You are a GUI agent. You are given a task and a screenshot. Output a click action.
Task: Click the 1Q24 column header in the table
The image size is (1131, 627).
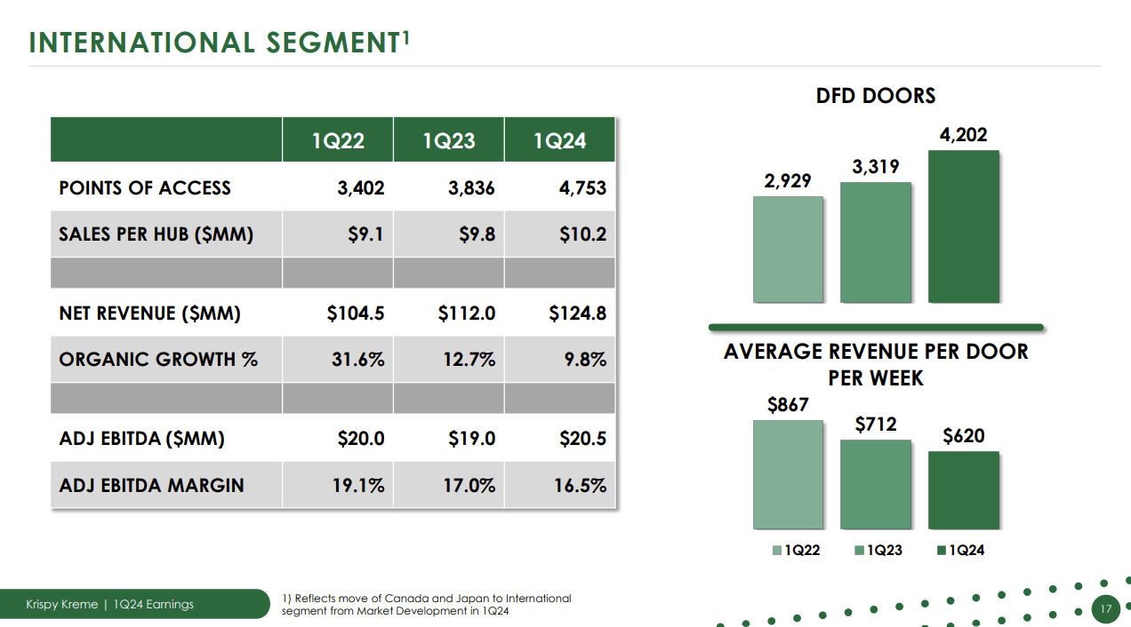point(559,140)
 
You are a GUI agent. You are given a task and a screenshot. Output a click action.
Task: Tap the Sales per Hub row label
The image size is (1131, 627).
point(156,234)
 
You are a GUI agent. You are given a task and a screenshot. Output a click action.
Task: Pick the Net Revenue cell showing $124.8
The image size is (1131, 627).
point(577,313)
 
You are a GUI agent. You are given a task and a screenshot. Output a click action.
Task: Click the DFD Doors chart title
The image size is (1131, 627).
point(876,96)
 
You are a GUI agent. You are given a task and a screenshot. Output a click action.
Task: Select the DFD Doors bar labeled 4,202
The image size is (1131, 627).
point(963,226)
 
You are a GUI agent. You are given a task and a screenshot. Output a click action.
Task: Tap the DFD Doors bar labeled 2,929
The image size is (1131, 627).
point(788,250)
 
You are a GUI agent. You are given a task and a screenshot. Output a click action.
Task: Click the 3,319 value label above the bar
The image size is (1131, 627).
point(876,167)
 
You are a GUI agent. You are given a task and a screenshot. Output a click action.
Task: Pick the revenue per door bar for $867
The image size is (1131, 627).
point(788,475)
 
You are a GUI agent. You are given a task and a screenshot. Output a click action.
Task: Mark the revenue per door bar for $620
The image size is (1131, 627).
point(963,490)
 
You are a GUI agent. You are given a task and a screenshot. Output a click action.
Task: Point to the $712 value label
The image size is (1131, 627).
point(876,425)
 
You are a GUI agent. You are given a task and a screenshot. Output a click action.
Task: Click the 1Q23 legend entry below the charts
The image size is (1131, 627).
point(878,551)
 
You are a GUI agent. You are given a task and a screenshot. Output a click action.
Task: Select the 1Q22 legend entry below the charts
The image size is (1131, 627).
point(796,551)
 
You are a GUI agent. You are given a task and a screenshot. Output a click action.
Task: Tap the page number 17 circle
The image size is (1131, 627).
point(1106,609)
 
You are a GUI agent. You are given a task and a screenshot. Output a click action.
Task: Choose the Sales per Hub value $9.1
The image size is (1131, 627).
point(365,234)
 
